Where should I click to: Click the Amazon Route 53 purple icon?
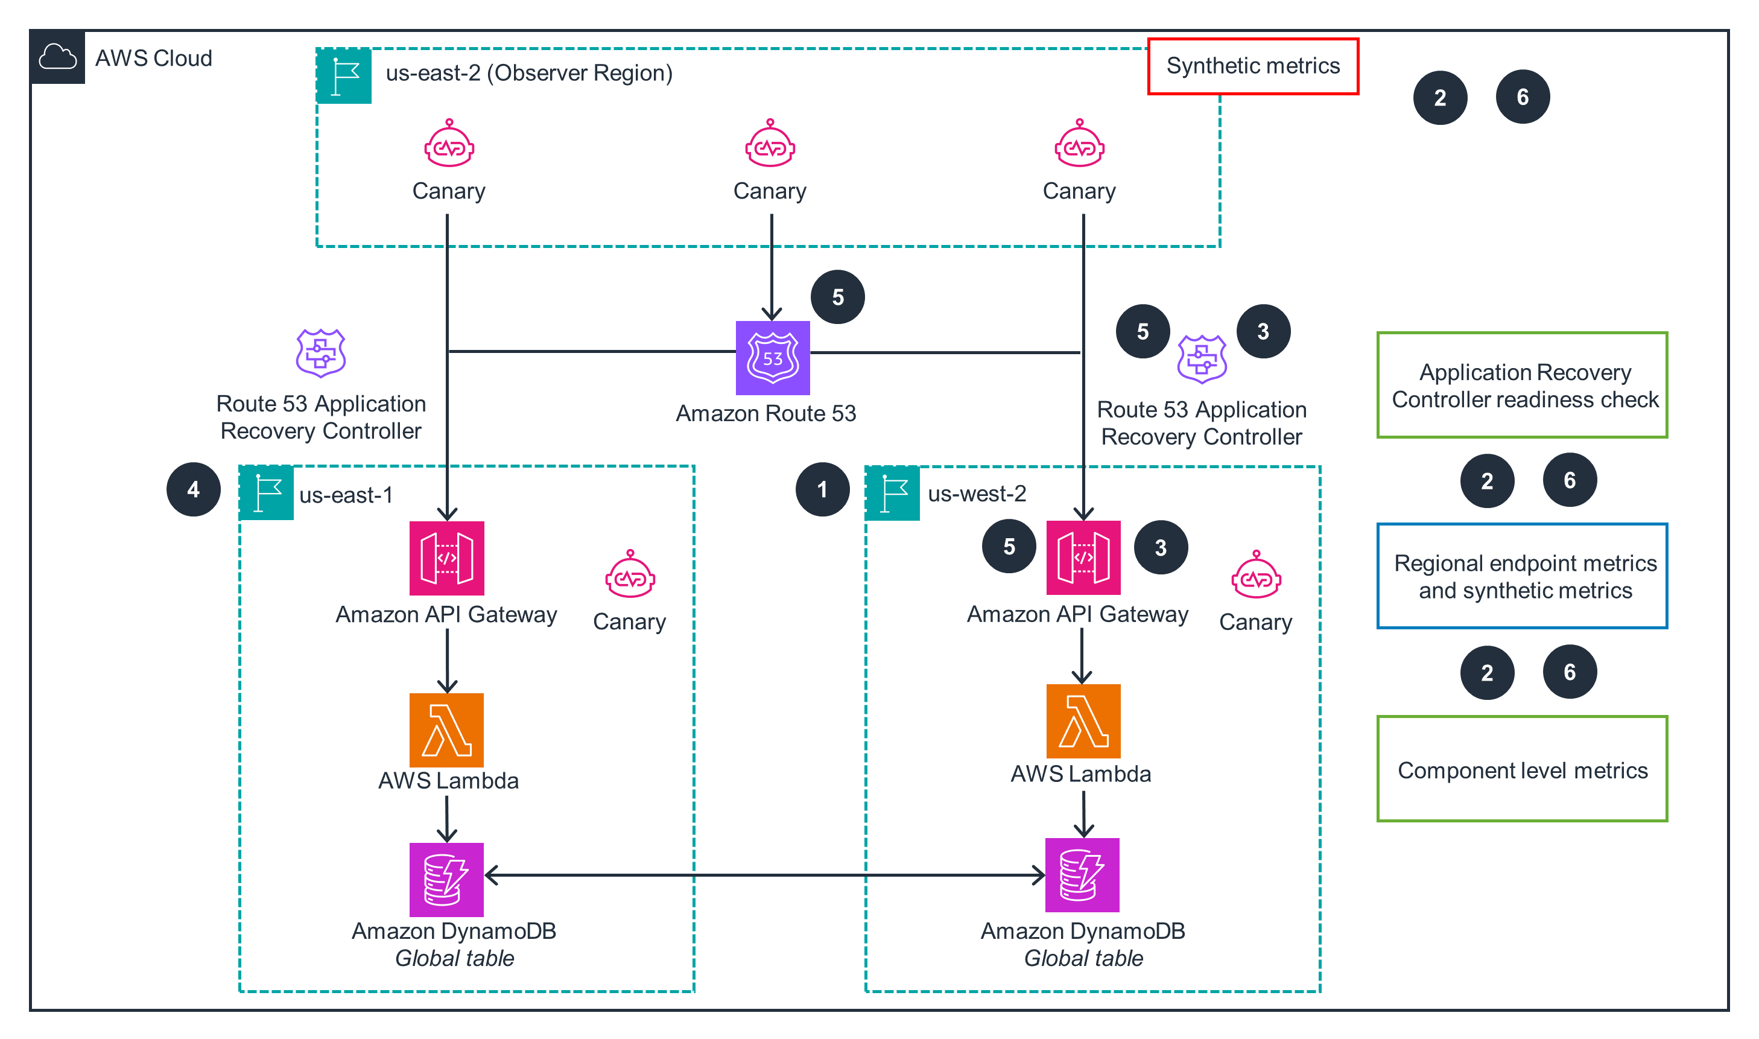tap(772, 358)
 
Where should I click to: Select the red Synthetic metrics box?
tap(1252, 66)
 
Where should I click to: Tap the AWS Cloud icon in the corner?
tap(57, 57)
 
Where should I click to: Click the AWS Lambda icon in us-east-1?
tap(446, 729)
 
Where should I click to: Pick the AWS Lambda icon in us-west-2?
tap(1082, 721)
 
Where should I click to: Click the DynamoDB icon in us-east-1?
tap(446, 879)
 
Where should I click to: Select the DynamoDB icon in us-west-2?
tap(1082, 874)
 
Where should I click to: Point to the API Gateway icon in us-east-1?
tap(446, 558)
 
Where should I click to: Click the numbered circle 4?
tap(193, 489)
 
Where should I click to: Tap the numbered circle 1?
tap(822, 489)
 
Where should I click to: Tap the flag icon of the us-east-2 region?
tap(344, 76)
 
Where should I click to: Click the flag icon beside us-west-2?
tap(892, 494)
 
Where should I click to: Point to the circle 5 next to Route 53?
tap(837, 297)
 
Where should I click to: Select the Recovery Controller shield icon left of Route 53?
tap(320, 353)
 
